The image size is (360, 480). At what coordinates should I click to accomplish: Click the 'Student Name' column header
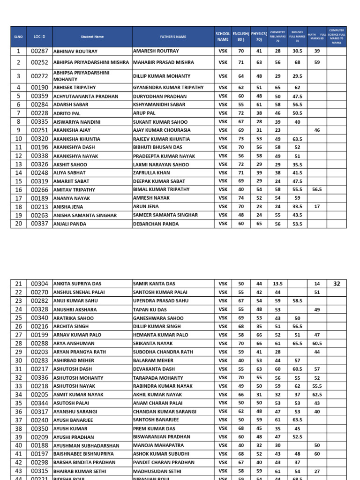pyautogui.click(x=92, y=37)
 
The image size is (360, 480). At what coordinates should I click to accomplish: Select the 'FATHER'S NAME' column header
pyautogui.click(x=172, y=37)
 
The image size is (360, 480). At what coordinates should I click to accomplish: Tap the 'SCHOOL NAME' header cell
pyautogui.click(x=223, y=37)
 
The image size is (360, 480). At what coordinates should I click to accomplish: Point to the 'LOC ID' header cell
pyautogui.click(x=40, y=37)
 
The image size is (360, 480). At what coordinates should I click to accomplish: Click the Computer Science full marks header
pyautogui.click(x=337, y=37)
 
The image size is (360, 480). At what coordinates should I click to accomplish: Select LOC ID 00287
pyautogui.click(x=40, y=51)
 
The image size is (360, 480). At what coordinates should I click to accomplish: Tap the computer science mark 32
pyautogui.click(x=337, y=284)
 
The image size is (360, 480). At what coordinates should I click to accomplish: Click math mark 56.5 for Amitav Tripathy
pyautogui.click(x=317, y=190)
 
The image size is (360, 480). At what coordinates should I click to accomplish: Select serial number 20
pyautogui.click(x=19, y=224)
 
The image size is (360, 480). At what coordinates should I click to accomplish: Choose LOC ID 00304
pyautogui.click(x=40, y=284)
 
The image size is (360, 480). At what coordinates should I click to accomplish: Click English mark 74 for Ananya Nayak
pyautogui.click(x=241, y=198)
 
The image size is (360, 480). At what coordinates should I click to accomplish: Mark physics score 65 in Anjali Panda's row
pyautogui.click(x=259, y=224)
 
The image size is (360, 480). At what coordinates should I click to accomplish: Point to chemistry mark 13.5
pyautogui.click(x=277, y=284)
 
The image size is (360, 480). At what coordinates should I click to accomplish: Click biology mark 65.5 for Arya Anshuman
pyautogui.click(x=297, y=344)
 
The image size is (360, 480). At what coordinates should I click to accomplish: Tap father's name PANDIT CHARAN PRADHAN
pyautogui.click(x=164, y=462)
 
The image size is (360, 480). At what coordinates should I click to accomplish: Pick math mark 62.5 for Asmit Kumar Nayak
pyautogui.click(x=317, y=395)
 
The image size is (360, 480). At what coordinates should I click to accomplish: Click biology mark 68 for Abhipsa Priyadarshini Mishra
pyautogui.click(x=297, y=62)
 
